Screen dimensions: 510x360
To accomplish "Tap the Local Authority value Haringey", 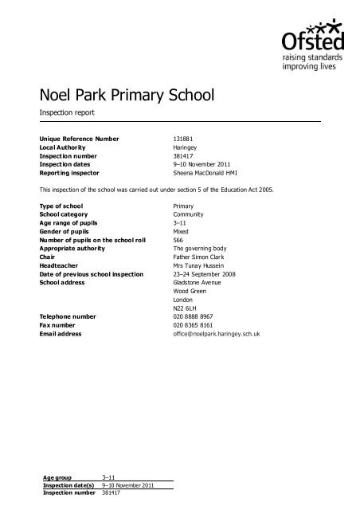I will click(x=186, y=147).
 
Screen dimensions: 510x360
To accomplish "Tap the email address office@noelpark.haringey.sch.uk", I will click(x=221, y=335).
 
